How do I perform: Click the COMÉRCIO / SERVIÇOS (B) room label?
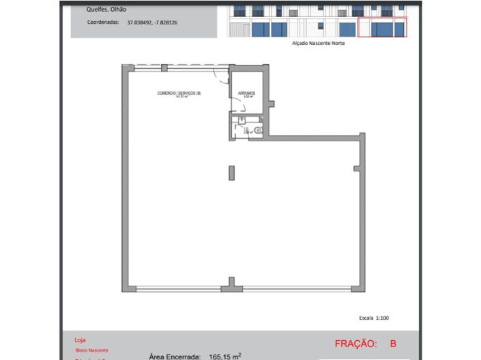pos(179,93)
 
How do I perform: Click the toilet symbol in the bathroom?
pos(257,128)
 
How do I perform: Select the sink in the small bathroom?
pos(242,120)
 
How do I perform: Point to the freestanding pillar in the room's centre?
pos(232,172)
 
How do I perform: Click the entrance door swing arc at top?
pos(220,75)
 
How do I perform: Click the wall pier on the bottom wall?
pos(232,283)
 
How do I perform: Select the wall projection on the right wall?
pos(356,168)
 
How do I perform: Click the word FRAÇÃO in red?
pos(355,344)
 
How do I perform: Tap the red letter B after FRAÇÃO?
pos(393,344)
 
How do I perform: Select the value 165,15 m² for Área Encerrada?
pos(224,356)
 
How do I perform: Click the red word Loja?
pos(80,339)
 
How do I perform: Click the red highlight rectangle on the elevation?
pos(381,27)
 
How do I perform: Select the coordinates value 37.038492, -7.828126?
pos(152,22)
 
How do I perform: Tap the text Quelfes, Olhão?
pos(106,10)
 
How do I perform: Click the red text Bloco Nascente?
pos(91,350)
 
